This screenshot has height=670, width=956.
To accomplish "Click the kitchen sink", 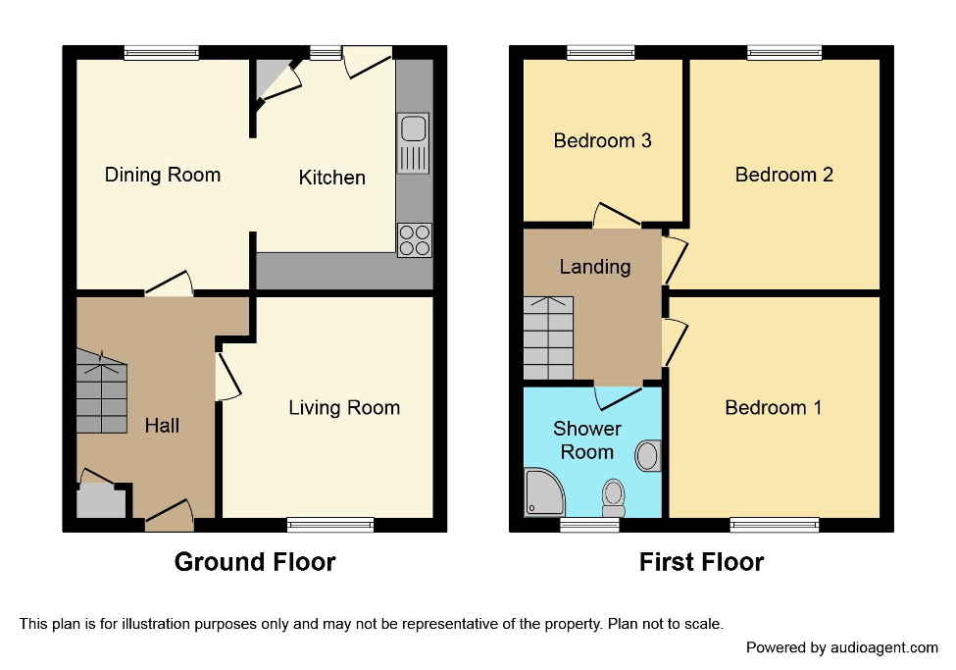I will (x=413, y=143).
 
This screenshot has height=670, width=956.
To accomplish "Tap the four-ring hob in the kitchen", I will (x=413, y=240).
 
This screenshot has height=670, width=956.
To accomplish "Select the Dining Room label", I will (x=163, y=175).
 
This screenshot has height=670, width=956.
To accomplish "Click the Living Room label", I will (x=344, y=408).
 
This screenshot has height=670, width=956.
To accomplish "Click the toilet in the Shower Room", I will (x=614, y=496).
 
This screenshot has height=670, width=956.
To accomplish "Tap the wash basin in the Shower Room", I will (x=647, y=456).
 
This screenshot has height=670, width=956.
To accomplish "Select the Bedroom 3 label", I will (x=602, y=140).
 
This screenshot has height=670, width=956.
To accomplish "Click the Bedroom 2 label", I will (x=783, y=175).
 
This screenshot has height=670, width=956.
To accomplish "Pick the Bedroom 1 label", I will (x=773, y=408).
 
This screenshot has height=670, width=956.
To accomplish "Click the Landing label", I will (x=594, y=267).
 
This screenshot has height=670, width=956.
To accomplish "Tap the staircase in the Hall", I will (x=102, y=395).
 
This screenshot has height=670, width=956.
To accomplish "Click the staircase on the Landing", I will (x=548, y=338).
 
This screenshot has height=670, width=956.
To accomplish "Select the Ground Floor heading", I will (x=255, y=562).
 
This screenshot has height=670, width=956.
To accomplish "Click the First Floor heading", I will (x=701, y=562).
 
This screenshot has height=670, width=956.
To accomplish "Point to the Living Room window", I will (x=330, y=524).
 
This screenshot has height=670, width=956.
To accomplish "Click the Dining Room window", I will (x=162, y=53).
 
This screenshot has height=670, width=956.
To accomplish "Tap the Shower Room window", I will (x=589, y=525).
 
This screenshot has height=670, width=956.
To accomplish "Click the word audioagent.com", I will (x=883, y=647).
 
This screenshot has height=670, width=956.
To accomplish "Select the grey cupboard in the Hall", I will (x=102, y=502).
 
